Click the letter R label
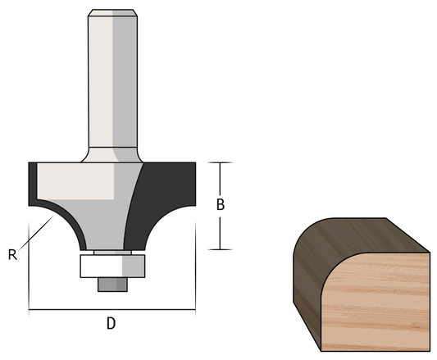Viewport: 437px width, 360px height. coord(12,254)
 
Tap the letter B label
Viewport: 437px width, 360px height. coord(220,205)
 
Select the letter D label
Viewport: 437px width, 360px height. coord(111,323)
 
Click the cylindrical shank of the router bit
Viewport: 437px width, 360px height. coord(111,82)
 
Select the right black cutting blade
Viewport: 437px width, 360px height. coord(168,197)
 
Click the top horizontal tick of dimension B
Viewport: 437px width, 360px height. coord(220,162)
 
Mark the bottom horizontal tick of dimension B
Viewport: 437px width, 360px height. coord(220,248)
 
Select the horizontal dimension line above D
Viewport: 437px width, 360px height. coord(112,310)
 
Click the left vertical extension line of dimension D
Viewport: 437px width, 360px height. coord(29,271)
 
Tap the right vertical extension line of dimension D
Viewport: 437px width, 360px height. coord(195,271)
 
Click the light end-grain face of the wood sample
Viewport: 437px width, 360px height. coord(381,295)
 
